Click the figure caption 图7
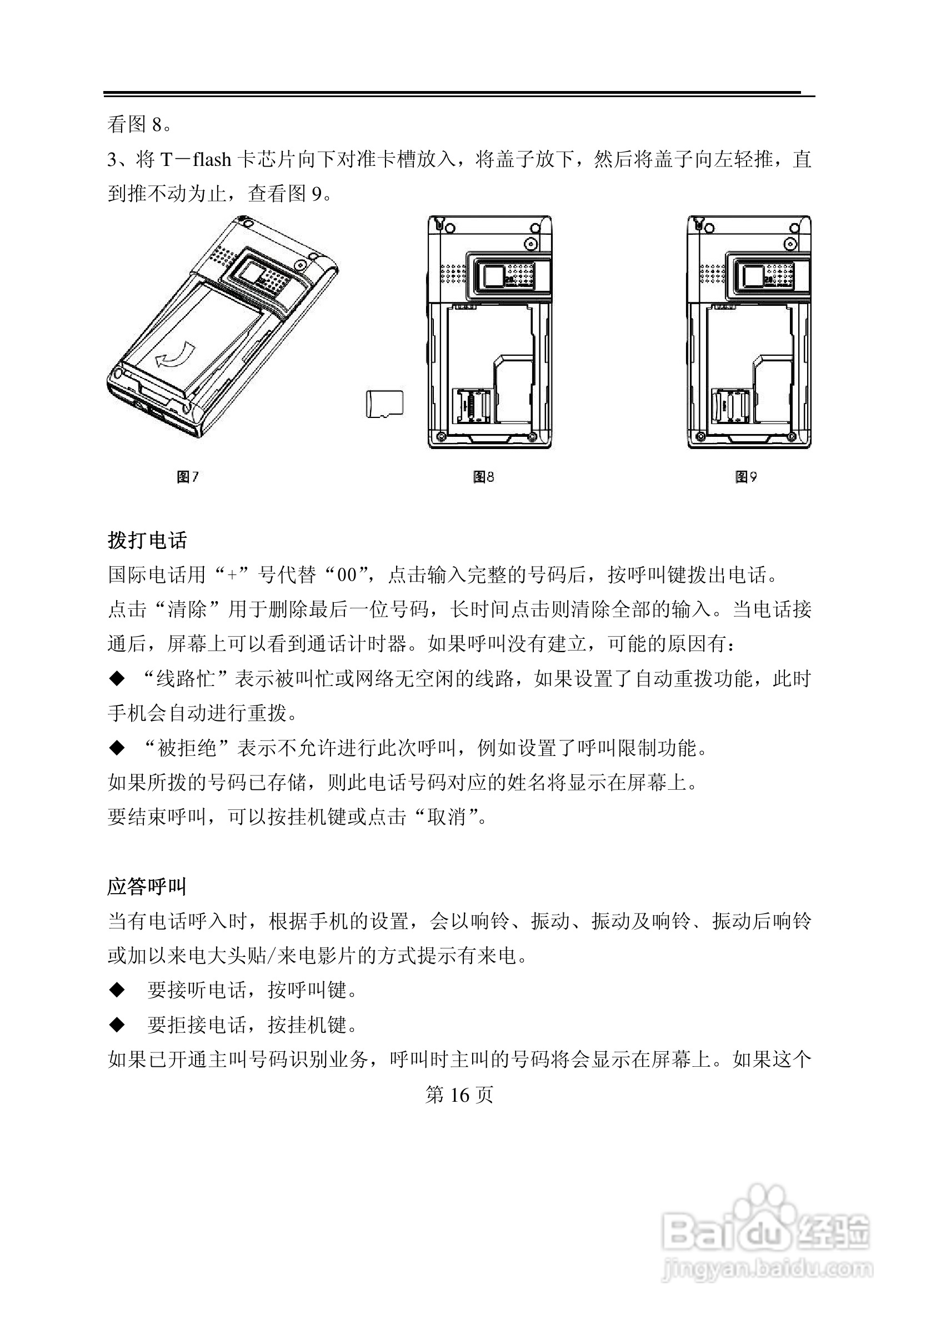188,476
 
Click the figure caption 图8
484,476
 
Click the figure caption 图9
746,476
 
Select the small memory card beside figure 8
384,404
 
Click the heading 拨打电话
147,540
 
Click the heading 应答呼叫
147,886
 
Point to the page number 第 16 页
459,1095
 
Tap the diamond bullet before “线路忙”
117,679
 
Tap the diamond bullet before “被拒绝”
117,748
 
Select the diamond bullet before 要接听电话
117,990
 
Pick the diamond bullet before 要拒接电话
117,1025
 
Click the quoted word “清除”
186,609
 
